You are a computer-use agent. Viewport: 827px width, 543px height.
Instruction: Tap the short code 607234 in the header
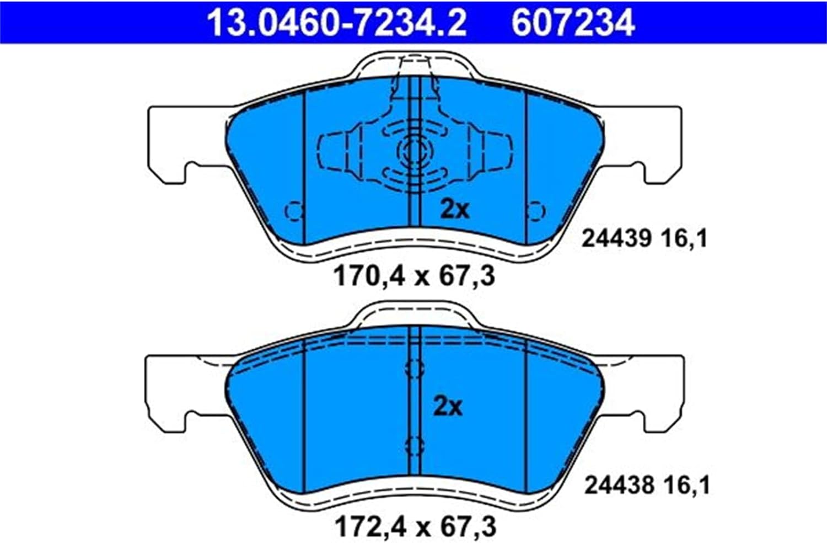coord(573,23)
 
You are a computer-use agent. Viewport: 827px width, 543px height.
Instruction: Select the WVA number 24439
coord(616,238)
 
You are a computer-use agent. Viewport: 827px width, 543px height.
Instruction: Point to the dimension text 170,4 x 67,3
coord(414,277)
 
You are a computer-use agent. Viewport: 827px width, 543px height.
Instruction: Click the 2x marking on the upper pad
coord(455,210)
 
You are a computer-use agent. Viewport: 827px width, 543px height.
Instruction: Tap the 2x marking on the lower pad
coord(448,407)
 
